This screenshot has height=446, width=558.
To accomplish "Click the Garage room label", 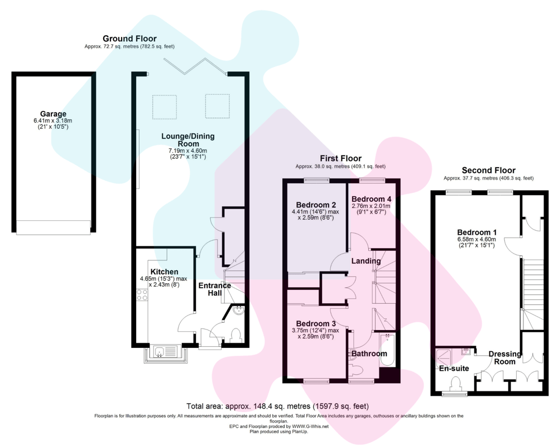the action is click(x=53, y=114).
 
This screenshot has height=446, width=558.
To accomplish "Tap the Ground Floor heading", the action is click(x=129, y=38).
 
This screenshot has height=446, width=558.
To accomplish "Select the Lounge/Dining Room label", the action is click(x=188, y=140).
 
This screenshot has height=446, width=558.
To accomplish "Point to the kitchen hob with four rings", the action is click(x=142, y=295).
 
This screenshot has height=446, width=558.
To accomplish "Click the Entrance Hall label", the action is click(x=215, y=289).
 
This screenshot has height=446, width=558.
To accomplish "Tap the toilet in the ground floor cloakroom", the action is click(x=235, y=336).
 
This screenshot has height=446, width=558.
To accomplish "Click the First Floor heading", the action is click(x=340, y=158).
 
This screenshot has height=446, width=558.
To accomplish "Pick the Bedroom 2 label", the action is click(x=316, y=205).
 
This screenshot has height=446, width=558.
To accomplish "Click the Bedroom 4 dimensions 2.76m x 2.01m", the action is click(x=371, y=206).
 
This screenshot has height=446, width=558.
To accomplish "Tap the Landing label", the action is click(x=366, y=261).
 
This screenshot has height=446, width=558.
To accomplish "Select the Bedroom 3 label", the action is click(x=316, y=324).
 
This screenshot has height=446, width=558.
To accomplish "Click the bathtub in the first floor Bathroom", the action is click(x=387, y=350).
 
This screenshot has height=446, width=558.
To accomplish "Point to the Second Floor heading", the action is click(x=489, y=171).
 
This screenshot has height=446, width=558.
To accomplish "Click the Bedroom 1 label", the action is click(x=477, y=232).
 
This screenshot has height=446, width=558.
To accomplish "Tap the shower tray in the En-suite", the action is click(x=444, y=357).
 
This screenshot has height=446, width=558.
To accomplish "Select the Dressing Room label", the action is click(x=504, y=358).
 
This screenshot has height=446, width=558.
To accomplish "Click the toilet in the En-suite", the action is click(x=455, y=384).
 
